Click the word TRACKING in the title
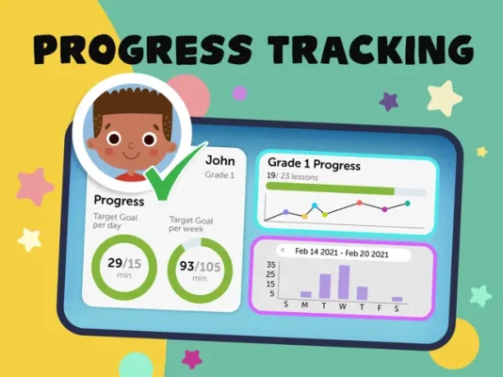370,50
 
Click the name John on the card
220,160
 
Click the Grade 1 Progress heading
314,164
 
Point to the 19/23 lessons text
292,177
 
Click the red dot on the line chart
359,203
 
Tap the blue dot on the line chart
315,205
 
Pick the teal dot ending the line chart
408,203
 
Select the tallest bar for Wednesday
344,283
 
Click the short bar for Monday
306,295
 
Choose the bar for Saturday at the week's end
398,299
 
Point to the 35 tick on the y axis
270,265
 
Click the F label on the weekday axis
380,308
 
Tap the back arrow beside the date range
283,250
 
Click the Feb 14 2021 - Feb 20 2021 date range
342,253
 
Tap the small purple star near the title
389,102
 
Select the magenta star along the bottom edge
192,359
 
